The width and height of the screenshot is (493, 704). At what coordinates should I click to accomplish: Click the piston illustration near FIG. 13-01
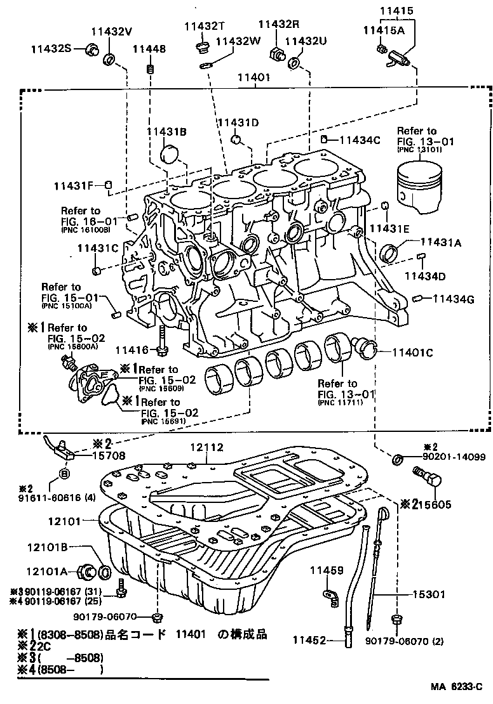click(x=418, y=183)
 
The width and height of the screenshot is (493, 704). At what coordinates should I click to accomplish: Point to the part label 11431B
click(x=166, y=131)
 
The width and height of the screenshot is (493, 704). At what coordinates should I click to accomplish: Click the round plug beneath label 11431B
click(x=170, y=154)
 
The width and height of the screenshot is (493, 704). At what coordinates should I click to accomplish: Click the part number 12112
click(x=206, y=447)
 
